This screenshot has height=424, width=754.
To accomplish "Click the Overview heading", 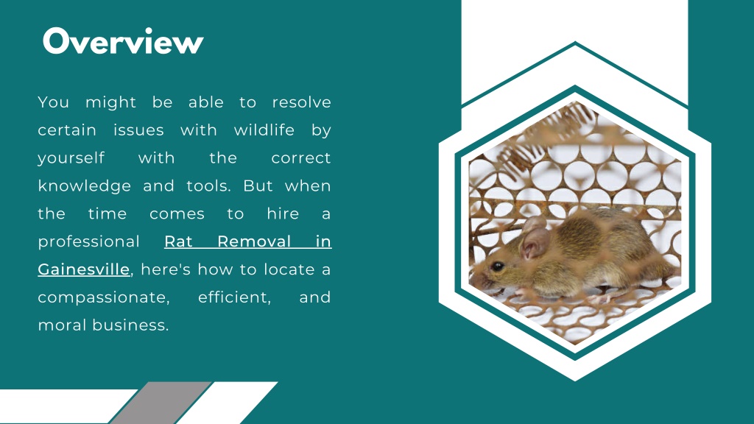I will coord(122,41).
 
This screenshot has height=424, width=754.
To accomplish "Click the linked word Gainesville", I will coord(84,269).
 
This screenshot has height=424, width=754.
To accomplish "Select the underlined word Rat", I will coord(178,241).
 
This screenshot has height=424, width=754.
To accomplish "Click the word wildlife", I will coord(264,130).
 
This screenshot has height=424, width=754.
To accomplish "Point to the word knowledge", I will coord(84,186).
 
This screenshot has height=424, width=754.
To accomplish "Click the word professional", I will coord(88,242).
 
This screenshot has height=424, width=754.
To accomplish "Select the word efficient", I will coord(234,297).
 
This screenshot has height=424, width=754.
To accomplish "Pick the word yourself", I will coord(71,158).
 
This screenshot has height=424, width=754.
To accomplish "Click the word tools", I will coord(208,186).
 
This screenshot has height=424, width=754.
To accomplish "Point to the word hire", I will coord(283,214).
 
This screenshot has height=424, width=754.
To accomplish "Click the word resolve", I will coord(301,102).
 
